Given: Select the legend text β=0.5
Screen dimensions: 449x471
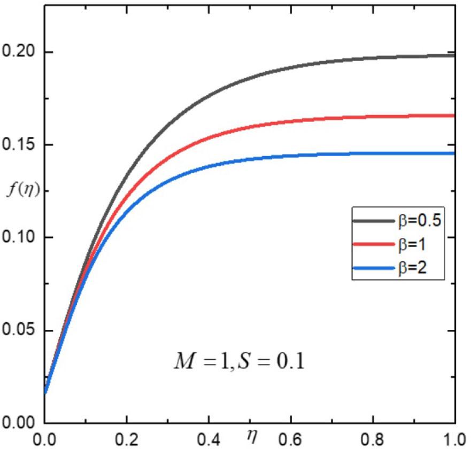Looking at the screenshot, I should click(x=419, y=221).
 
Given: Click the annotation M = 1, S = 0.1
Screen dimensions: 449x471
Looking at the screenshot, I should click(x=238, y=362).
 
